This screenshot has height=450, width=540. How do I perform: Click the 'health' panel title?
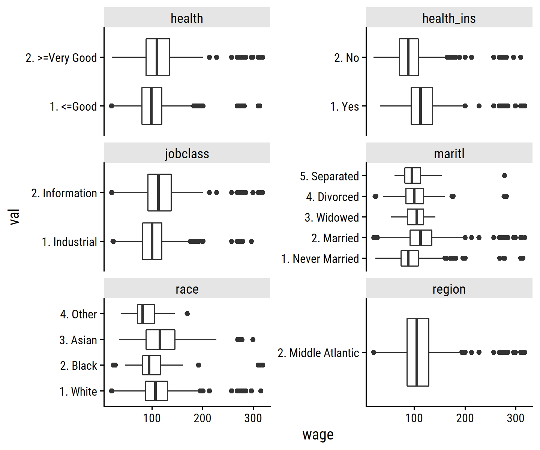(x=187, y=18)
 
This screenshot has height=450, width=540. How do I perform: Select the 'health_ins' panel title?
(x=449, y=18)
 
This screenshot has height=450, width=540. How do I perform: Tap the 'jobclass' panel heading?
(x=187, y=153)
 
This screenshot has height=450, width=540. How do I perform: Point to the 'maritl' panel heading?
(x=449, y=153)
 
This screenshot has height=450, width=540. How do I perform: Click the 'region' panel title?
(x=449, y=289)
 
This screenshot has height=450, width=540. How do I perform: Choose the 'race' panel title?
(x=187, y=289)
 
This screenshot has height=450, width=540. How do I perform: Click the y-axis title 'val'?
(x=14, y=217)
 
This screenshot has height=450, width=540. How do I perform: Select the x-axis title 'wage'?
(x=318, y=435)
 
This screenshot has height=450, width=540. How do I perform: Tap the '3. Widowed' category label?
(x=331, y=217)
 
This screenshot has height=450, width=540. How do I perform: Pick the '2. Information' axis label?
(x=64, y=193)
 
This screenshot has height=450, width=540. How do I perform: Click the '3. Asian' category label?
(x=78, y=340)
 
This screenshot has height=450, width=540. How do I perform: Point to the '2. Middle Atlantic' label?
(x=318, y=353)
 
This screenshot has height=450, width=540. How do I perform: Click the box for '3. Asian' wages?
(x=160, y=340)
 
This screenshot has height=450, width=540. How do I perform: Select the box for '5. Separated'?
(x=412, y=175)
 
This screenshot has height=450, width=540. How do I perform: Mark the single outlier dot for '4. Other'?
(x=187, y=313)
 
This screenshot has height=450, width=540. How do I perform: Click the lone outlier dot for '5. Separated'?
(x=504, y=175)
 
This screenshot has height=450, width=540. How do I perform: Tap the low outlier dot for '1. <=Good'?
(x=111, y=106)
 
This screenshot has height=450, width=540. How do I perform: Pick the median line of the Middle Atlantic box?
(x=417, y=352)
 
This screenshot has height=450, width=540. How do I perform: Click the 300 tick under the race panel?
(x=253, y=418)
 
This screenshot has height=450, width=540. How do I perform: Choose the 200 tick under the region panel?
(x=465, y=418)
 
